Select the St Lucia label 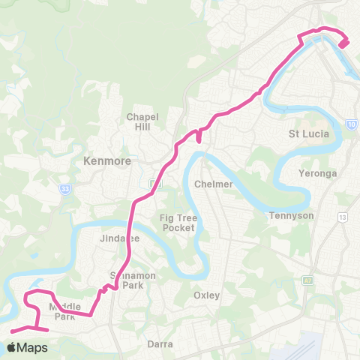coord(305,135)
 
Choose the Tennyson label coord(290,216)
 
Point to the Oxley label coord(206,295)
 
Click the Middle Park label coord(63,311)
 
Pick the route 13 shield coord(343,217)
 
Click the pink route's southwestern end coord(12,330)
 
